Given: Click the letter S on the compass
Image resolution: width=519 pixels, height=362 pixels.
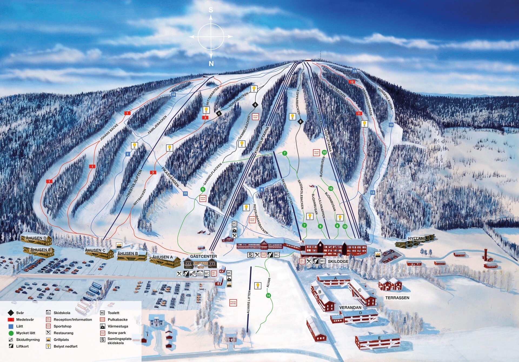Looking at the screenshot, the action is coord(211,10).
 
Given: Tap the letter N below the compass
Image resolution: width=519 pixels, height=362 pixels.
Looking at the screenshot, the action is coord(211,64).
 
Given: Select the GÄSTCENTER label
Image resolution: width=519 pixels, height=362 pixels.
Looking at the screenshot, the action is coord(203,256).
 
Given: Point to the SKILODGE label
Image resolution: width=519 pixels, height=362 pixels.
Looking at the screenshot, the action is coord(338,262).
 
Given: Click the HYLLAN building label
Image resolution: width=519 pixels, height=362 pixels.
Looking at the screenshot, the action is coord(416,239).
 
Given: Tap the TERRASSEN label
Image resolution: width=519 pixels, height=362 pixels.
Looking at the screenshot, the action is coord(397,298).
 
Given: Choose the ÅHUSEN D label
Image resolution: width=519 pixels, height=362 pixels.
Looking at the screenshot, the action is coord(36,238).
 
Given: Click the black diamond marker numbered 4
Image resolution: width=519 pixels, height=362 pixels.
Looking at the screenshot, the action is coord(219,114).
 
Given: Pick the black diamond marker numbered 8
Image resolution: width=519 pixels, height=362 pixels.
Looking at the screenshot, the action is coord(300,122).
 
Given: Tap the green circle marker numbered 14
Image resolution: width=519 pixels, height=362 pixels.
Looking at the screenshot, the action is coord(268,296).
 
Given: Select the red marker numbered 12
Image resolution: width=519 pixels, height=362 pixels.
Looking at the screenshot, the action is coord(352,82).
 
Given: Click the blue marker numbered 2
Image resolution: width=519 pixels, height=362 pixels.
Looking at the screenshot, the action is coord(128,154).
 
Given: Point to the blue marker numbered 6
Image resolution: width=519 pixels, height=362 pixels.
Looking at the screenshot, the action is coord(261,190).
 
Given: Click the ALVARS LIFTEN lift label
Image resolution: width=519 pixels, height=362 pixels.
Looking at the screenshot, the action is coord(249,302).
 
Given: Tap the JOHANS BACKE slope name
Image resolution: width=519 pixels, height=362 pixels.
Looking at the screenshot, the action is coord(109,132).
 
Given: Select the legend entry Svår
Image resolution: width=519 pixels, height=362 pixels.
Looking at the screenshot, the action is coord(20,313).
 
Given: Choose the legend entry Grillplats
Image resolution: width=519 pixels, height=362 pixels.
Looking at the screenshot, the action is coord(61,340).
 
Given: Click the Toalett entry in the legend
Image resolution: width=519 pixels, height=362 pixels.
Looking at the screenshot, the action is coord(113,313).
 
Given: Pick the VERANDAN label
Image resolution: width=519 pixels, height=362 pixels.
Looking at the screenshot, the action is coord(350,307).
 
